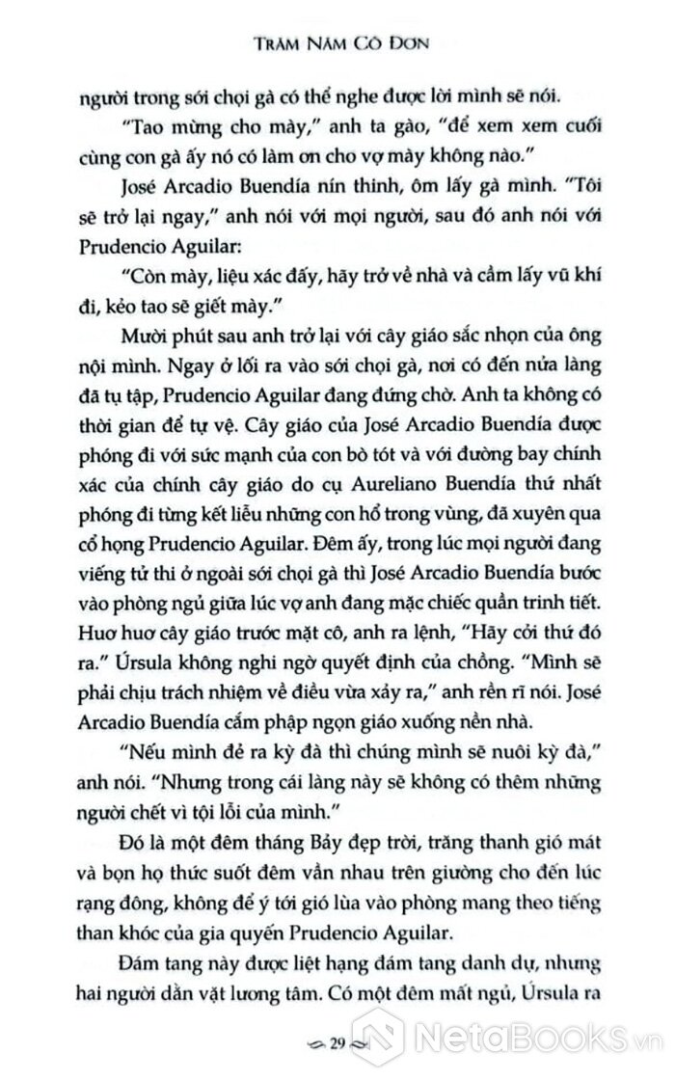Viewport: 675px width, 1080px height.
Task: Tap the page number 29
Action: (x=338, y=1043)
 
